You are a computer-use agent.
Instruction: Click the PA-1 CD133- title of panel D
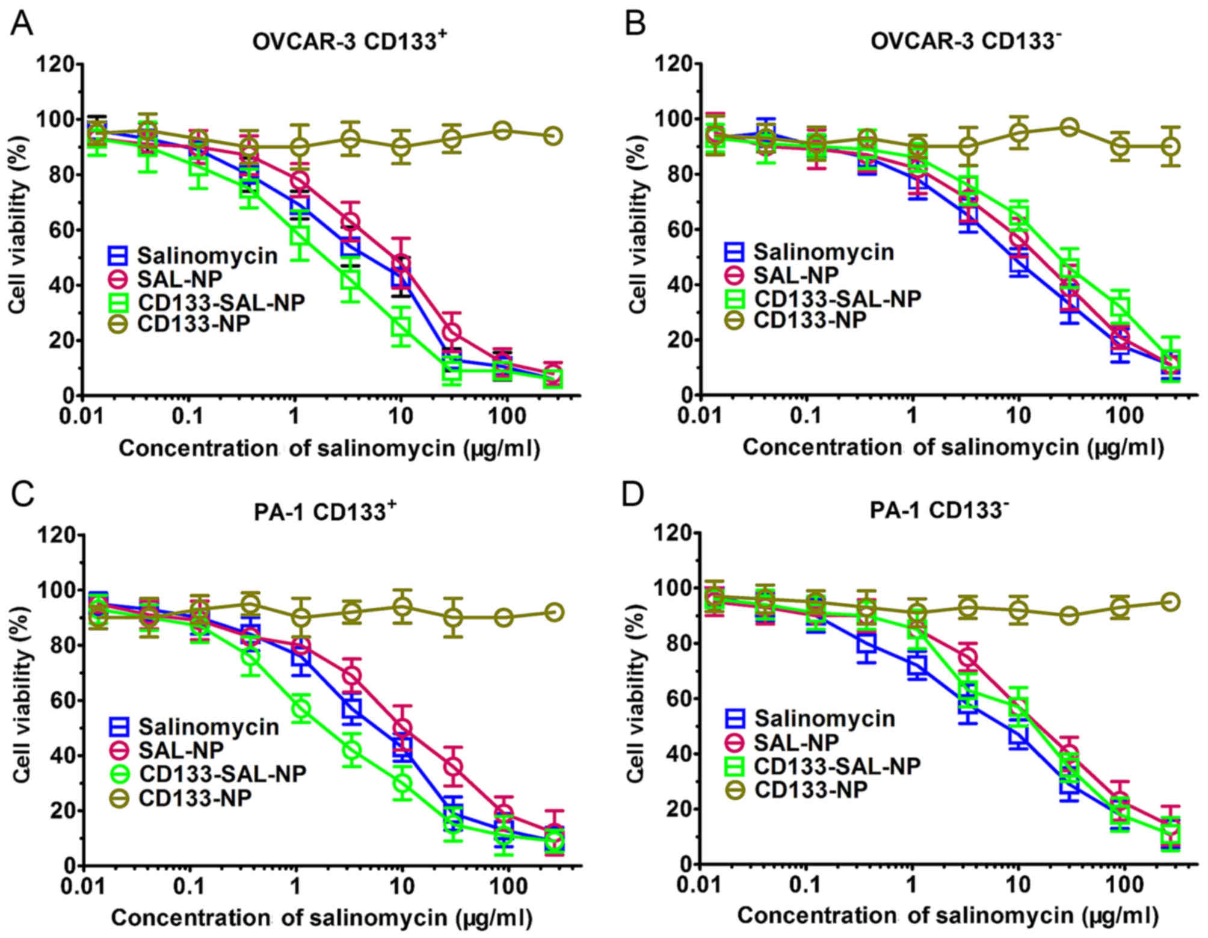pyautogui.click(x=939, y=510)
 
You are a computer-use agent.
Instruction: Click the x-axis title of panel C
pyautogui.click(x=322, y=918)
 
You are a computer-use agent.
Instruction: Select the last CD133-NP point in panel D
pyautogui.click(x=1169, y=602)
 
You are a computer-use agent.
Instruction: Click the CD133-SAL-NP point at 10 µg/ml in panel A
pyautogui.click(x=401, y=327)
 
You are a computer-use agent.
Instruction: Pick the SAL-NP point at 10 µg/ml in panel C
pyautogui.click(x=402, y=728)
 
